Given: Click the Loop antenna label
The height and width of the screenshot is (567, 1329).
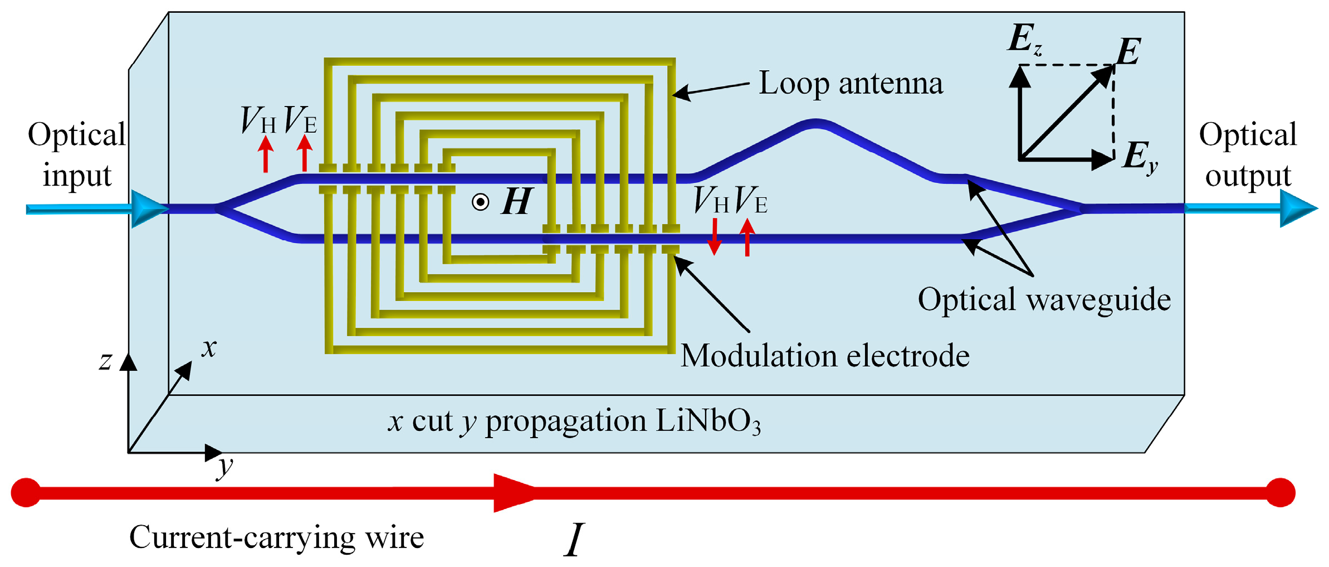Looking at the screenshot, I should (851, 84).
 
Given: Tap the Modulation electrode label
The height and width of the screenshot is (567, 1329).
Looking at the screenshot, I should (825, 356).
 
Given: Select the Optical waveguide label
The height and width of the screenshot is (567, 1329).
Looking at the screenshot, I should (1044, 299).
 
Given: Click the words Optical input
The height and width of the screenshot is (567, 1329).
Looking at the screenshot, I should (77, 155).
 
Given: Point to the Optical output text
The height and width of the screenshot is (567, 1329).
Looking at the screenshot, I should (1248, 155).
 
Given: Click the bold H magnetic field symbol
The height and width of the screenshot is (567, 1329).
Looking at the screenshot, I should (517, 202).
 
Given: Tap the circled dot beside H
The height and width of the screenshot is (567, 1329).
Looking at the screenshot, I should (480, 202).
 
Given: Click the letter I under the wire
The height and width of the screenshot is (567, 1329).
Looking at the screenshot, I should (574, 540).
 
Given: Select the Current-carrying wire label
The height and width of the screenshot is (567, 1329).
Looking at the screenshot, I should (276, 537).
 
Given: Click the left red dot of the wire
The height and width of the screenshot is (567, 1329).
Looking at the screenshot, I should (26, 492).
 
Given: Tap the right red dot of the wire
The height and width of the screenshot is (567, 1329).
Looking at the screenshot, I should (1280, 492).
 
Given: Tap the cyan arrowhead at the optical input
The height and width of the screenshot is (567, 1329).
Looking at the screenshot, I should (147, 209).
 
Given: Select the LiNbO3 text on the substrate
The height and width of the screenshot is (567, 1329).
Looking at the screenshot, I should (707, 421).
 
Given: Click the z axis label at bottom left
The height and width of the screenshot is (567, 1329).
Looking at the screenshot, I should (105, 361).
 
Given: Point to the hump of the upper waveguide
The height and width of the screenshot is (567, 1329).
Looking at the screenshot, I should (815, 124).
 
